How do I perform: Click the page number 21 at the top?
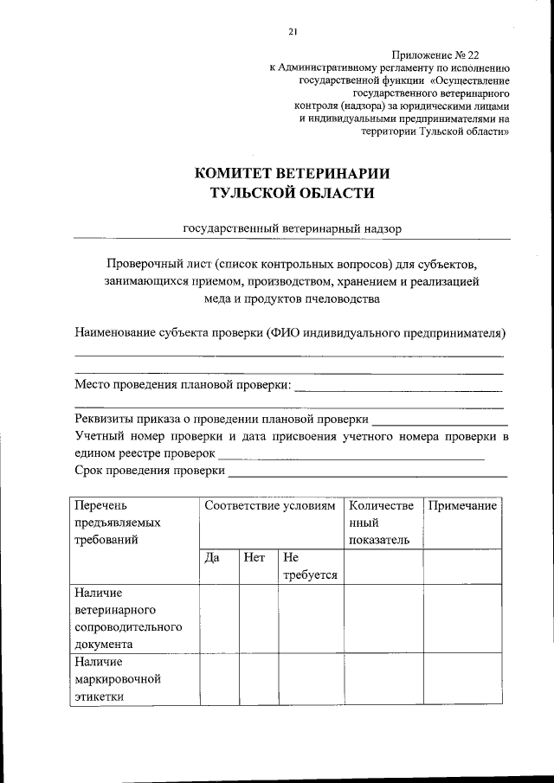[x=293, y=33]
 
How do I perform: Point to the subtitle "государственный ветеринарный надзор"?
[x=292, y=228]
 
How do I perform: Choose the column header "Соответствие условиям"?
[x=269, y=505]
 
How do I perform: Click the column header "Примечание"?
[x=462, y=505]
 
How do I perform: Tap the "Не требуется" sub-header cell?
[x=310, y=566]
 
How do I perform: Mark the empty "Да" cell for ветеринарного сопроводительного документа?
[x=219, y=619]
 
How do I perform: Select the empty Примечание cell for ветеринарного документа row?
[x=462, y=619]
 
